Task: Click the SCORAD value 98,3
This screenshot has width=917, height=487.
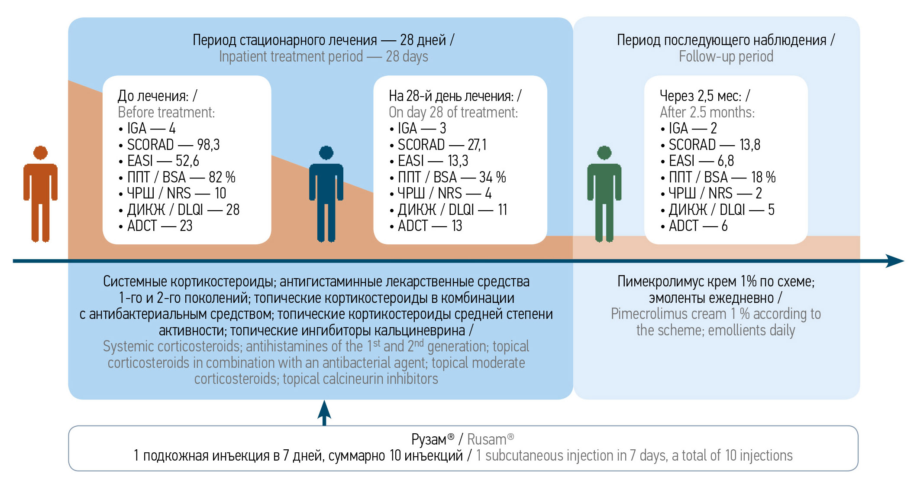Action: coord(208,145)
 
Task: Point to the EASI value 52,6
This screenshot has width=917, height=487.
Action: coord(187,161)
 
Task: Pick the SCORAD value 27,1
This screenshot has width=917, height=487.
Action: coord(477,145)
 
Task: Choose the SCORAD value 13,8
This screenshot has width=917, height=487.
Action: coord(749,145)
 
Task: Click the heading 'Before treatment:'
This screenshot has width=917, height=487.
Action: coord(166,113)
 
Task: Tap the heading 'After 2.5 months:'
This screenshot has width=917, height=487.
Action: coord(707,113)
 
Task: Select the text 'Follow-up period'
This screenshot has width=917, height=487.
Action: coord(726,57)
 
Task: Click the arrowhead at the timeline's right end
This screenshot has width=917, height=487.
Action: coord(895,261)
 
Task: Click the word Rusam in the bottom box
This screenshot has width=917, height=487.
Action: coord(487,440)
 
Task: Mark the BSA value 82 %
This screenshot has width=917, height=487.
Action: coord(222,177)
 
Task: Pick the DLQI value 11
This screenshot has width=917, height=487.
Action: coord(502,210)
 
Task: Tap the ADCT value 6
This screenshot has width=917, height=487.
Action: coord(724,226)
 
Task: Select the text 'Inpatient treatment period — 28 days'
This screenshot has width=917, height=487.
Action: coord(323,57)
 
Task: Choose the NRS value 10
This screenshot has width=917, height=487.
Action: coord(220,194)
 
